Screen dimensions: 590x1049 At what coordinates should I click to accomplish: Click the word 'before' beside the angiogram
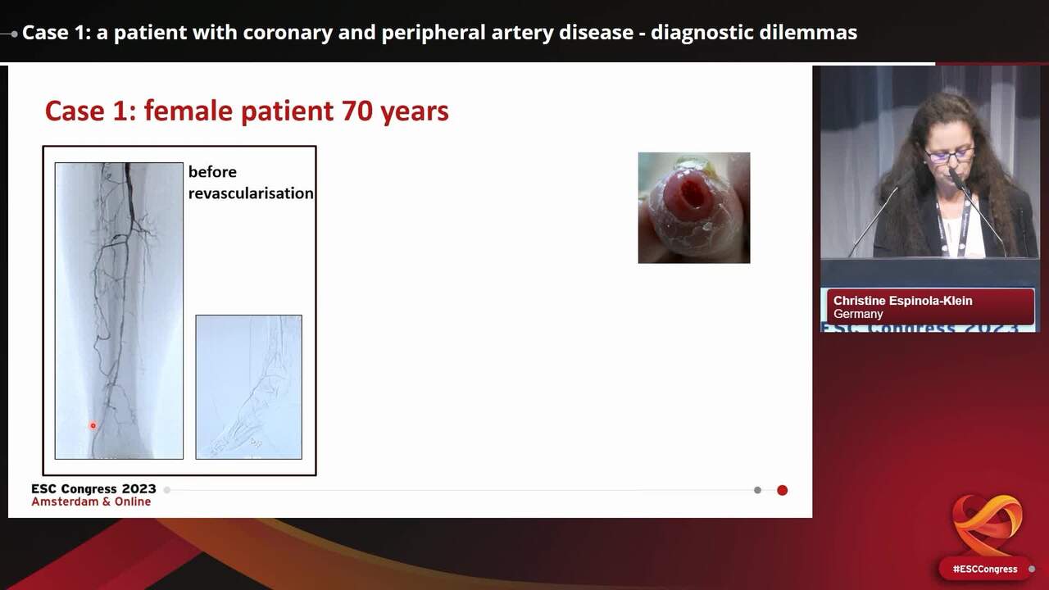point(212,172)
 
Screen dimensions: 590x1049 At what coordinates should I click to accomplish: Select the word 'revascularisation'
point(251,193)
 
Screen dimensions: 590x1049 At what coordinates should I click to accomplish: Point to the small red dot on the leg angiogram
point(93,425)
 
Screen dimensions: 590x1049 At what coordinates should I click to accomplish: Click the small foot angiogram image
point(248,387)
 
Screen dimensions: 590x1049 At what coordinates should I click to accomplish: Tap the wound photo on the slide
point(693,207)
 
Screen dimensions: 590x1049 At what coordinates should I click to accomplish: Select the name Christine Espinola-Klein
point(902,301)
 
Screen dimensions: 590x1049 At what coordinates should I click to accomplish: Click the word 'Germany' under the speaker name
point(858,314)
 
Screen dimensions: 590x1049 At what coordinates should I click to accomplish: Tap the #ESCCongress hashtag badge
point(984,569)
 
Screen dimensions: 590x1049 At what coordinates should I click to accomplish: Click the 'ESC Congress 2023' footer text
point(93,489)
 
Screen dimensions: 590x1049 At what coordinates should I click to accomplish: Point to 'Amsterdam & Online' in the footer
point(91,501)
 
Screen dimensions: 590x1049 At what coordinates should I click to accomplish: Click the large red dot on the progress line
point(782,490)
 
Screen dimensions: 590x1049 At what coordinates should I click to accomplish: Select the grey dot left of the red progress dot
point(757,490)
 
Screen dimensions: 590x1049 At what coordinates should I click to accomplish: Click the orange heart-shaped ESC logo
point(987,524)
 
